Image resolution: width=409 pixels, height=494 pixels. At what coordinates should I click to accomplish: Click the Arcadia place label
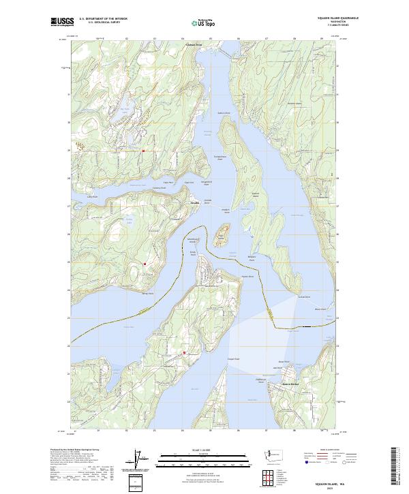(x=195, y=202)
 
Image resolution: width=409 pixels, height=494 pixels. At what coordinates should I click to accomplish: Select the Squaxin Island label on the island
(x=256, y=194)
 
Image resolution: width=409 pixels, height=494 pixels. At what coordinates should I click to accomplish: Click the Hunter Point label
(x=246, y=277)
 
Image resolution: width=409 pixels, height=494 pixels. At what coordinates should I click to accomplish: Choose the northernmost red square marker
(x=143, y=151)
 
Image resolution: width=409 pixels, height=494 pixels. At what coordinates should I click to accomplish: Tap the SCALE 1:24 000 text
(x=204, y=450)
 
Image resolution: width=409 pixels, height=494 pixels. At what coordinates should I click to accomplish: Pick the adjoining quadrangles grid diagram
(x=266, y=480)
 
